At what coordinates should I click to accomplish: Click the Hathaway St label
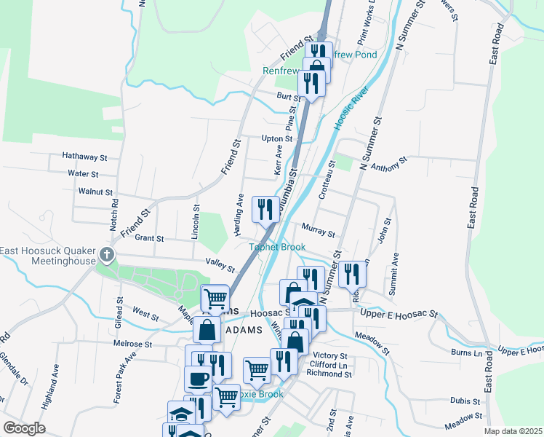84,157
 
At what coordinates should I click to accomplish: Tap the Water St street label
82,174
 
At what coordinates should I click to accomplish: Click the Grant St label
149,238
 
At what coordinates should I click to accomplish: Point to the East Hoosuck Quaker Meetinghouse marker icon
108,255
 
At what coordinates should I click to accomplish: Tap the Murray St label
319,234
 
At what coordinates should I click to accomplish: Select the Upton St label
277,138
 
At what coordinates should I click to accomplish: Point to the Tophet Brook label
278,248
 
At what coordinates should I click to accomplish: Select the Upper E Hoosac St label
399,314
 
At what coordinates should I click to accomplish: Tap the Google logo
24,428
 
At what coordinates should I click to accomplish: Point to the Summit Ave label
393,272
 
